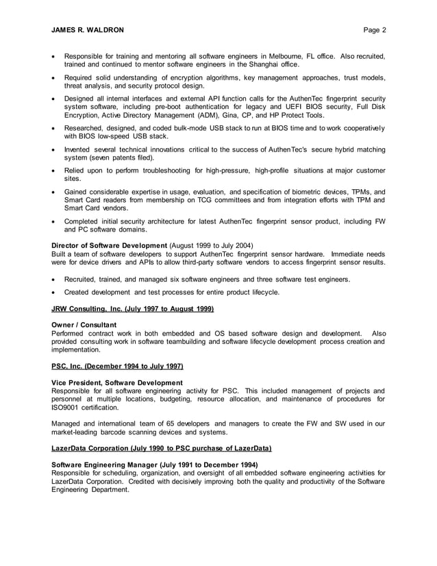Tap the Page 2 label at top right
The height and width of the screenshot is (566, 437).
(x=375, y=30)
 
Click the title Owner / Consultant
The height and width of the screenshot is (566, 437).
(x=84, y=325)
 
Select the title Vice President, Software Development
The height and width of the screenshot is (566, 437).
(x=117, y=382)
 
